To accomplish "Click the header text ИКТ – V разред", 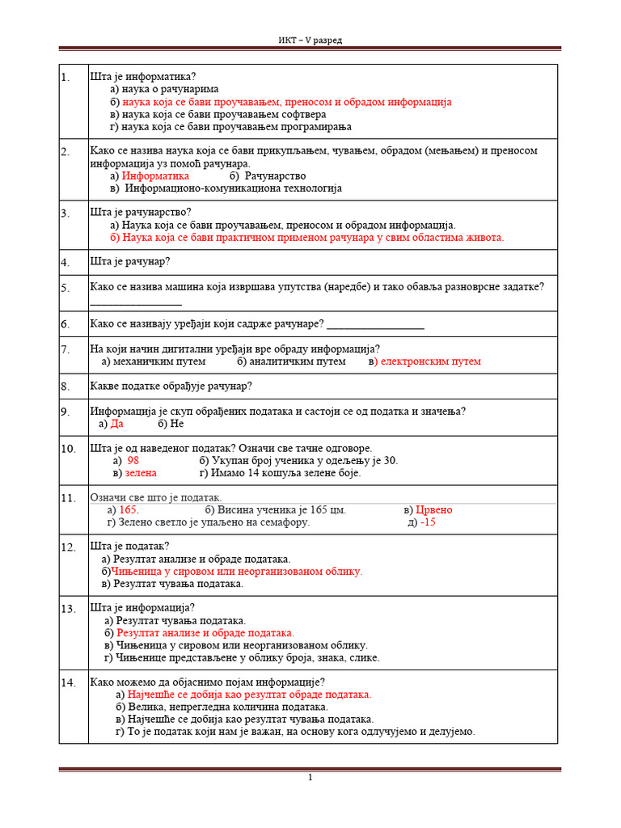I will pos(310,40).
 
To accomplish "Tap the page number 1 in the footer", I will pos(310,778).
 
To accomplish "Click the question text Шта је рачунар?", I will pos(130,261).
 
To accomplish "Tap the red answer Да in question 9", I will pos(117,423).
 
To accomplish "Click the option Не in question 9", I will pos(177,423).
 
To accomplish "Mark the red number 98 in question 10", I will pos(134,460).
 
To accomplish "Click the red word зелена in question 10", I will pos(141,472).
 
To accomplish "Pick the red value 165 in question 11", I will pos(128,509).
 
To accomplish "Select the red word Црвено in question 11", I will pos(434,509).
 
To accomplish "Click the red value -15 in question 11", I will pos(428,522).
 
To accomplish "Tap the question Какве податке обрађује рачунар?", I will pos(171,386).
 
